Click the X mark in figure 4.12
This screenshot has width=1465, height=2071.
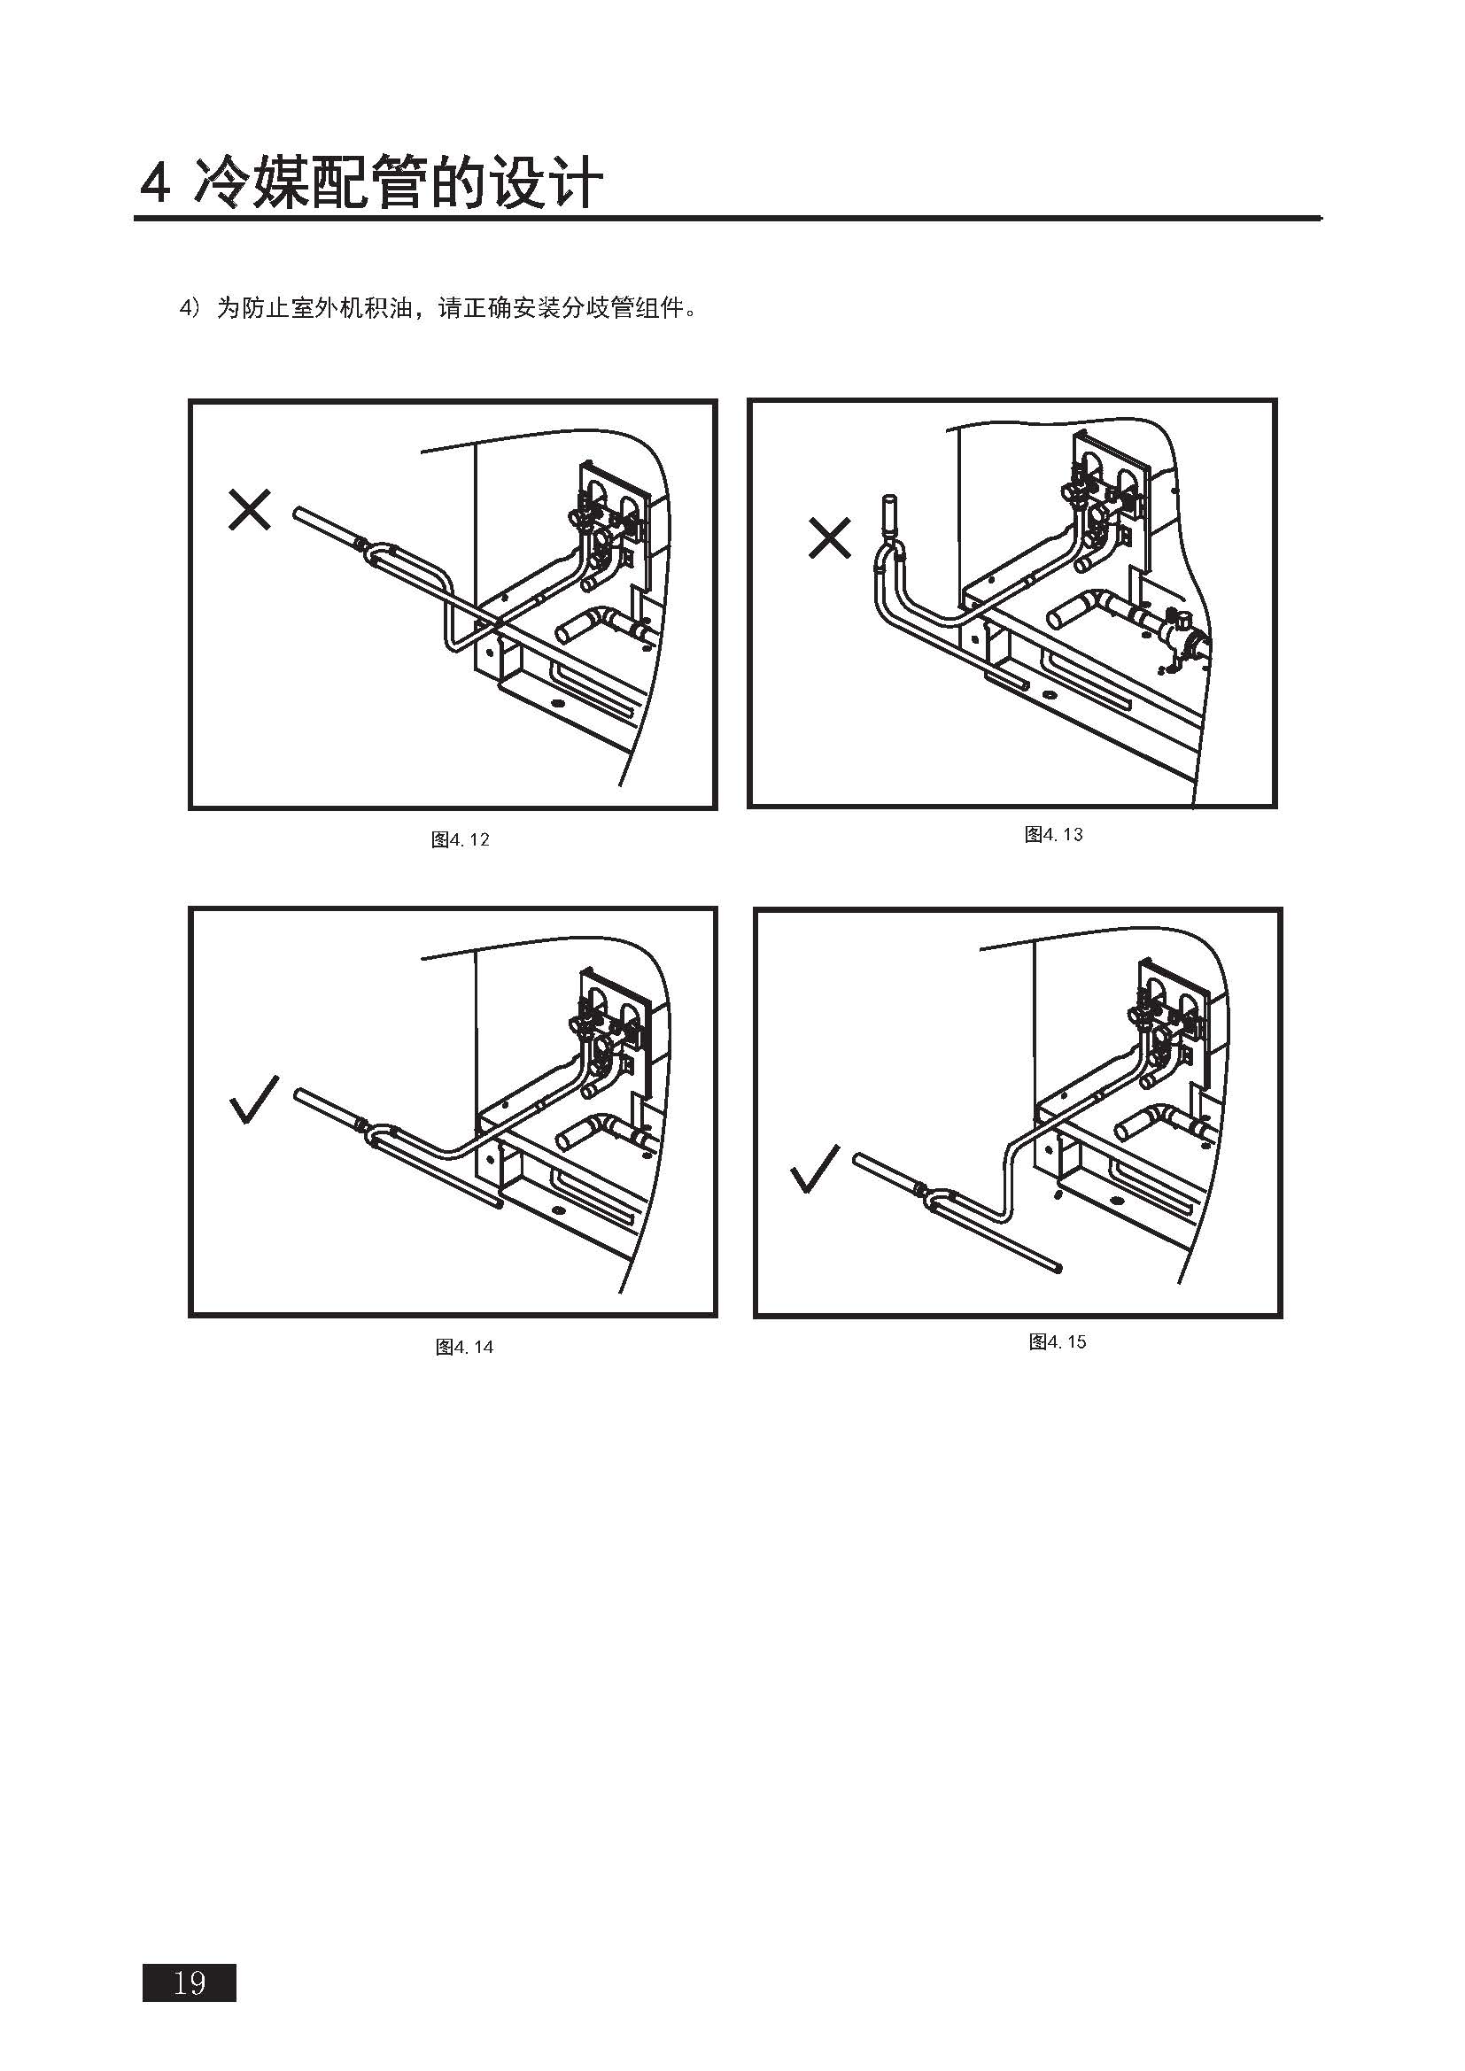coord(250,510)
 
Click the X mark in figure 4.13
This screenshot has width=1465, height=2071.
coord(830,537)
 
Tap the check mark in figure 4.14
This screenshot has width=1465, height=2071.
coord(254,1100)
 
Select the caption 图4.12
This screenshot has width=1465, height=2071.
coord(460,839)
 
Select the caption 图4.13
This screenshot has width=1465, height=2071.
coord(1054,834)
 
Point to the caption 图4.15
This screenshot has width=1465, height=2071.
coord(1058,1341)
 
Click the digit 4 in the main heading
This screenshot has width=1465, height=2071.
coord(155,184)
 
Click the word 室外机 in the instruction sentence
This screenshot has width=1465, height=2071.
coord(328,308)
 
